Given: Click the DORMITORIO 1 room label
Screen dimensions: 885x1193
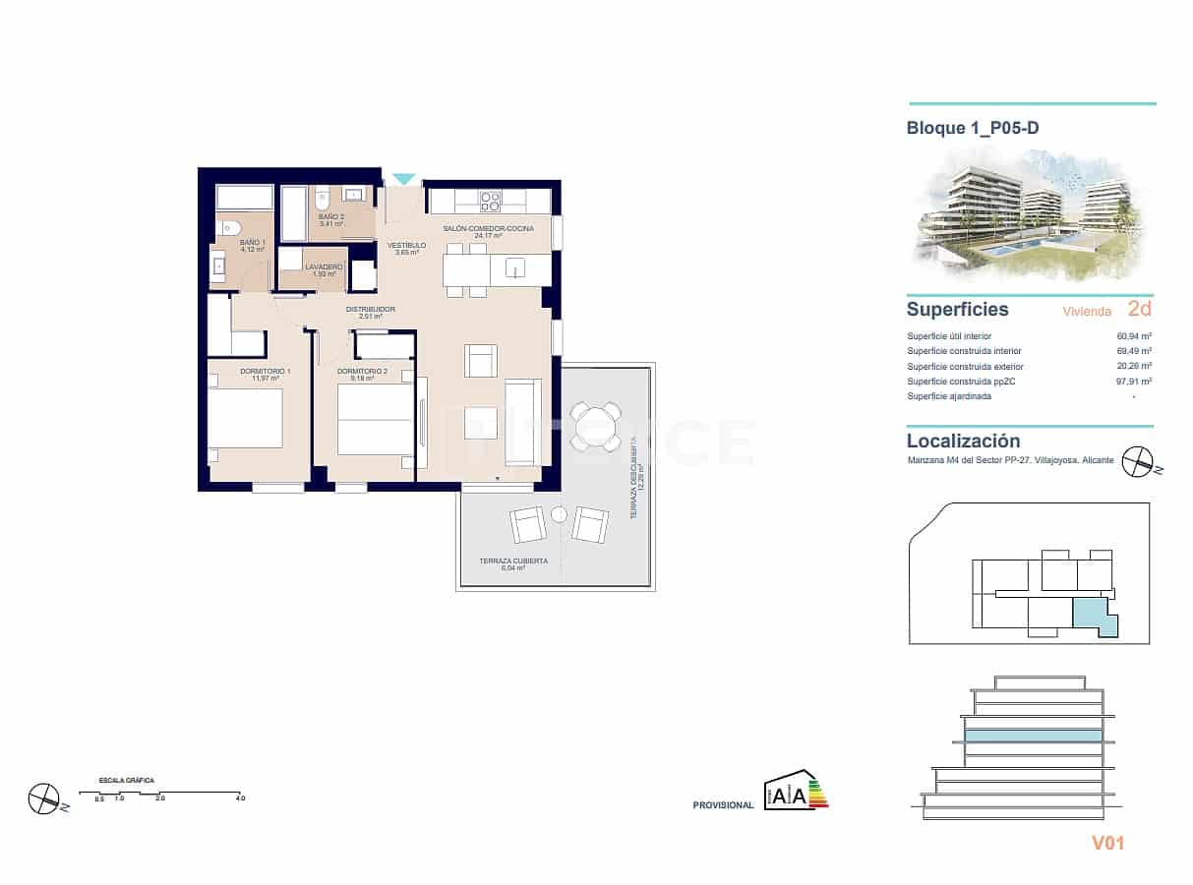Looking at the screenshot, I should click(x=265, y=371).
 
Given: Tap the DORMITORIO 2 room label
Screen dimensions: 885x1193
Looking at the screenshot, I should click(x=362, y=371).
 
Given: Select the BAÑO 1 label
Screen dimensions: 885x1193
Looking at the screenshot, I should click(x=253, y=242).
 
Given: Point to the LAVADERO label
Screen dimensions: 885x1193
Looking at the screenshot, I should click(x=324, y=267).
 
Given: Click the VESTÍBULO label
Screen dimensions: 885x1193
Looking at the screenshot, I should click(x=406, y=245).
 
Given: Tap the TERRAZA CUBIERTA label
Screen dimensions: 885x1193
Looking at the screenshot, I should click(x=513, y=560).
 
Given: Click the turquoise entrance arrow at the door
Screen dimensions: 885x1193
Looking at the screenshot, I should click(x=403, y=179).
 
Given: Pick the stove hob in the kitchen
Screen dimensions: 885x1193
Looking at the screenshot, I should click(x=490, y=202).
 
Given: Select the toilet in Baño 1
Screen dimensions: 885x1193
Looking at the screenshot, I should click(x=227, y=228).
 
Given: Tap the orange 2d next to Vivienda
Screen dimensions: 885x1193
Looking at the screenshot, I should click(x=1139, y=309).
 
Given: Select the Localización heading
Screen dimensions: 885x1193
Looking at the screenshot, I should click(x=963, y=442).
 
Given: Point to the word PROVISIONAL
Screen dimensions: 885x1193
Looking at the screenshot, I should click(x=723, y=805).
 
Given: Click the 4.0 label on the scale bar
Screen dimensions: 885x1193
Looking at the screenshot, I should click(x=240, y=798).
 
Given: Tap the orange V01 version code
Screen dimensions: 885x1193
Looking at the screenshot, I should click(x=1107, y=843).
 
